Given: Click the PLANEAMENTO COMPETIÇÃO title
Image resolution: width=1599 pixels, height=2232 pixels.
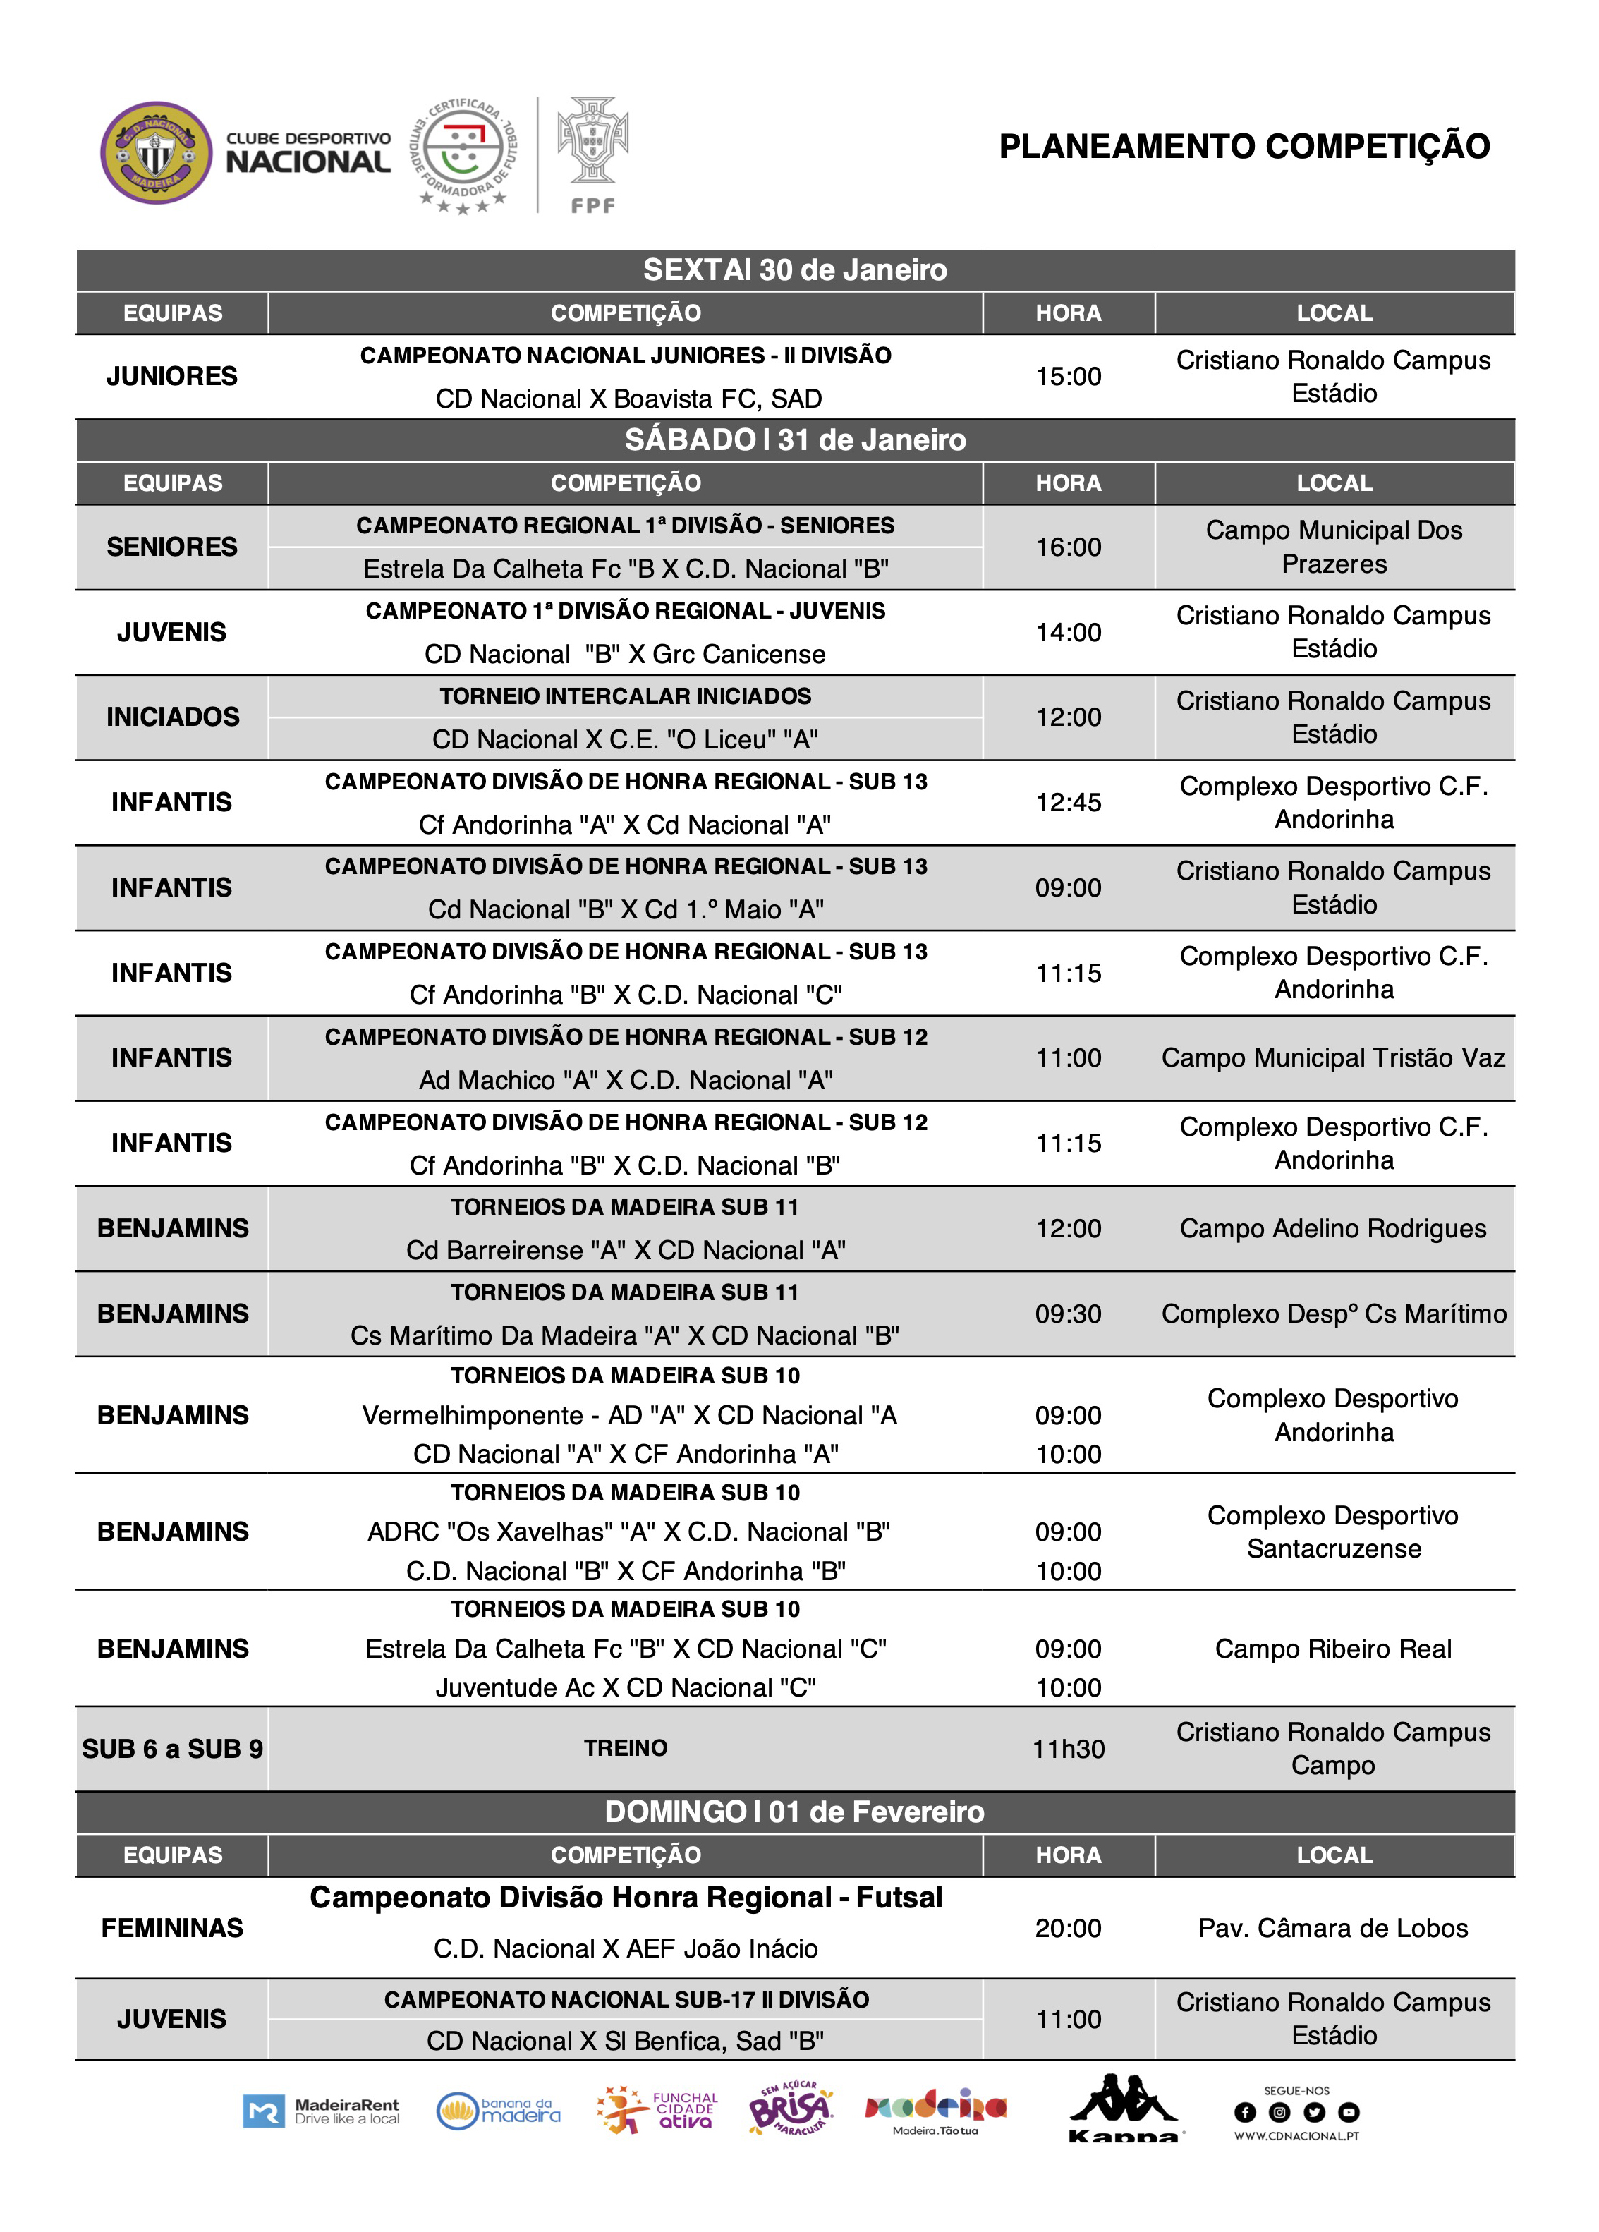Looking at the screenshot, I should [x=1244, y=147].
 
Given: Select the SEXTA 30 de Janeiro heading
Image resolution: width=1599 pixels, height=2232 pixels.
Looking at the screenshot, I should [x=794, y=269].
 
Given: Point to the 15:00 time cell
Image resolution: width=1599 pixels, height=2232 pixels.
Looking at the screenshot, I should [x=1068, y=376].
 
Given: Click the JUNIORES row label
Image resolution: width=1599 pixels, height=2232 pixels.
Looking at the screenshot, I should [x=172, y=376].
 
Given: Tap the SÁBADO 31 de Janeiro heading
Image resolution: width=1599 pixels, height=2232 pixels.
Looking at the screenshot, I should [x=794, y=440].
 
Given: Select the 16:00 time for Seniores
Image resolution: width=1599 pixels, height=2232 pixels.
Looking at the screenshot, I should [x=1068, y=547].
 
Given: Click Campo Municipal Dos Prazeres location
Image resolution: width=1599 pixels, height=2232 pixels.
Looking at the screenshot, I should [x=1333, y=547].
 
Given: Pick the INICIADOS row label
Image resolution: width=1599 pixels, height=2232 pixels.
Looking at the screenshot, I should [x=172, y=717].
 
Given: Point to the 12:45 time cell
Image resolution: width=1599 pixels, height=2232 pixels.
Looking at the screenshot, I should [x=1068, y=802].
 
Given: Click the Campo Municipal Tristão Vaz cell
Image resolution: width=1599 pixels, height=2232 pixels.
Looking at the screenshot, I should [x=1333, y=1058].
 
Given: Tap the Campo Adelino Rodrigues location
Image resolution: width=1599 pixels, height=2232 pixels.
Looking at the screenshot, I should [x=1333, y=1228].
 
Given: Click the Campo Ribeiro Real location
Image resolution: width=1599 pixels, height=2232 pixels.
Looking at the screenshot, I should [x=1333, y=1649].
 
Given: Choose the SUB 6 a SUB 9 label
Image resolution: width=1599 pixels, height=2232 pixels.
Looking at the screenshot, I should [x=172, y=1749].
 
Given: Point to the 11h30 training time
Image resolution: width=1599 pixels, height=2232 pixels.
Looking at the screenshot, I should [x=1068, y=1749].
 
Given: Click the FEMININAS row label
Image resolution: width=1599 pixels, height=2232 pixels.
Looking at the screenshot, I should [x=172, y=1928].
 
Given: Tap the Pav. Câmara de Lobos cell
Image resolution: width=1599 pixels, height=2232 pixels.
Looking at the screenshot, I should [x=1333, y=1928].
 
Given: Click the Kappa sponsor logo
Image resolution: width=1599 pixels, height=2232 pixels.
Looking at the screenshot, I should [x=1124, y=2109].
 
